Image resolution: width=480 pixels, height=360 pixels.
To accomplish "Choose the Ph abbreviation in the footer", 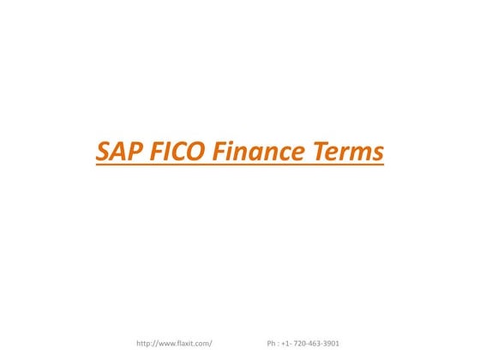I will pos(272,344).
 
